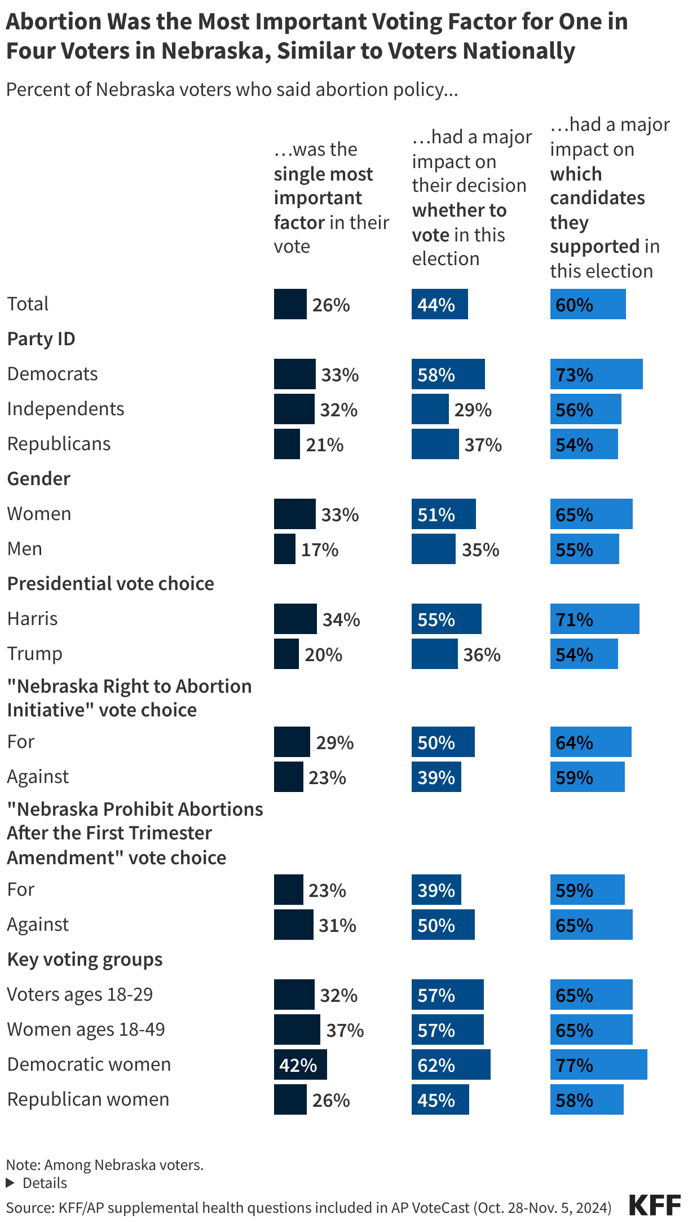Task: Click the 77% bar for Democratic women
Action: point(598,1064)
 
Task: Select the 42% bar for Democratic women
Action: point(300,1064)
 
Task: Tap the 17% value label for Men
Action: point(320,549)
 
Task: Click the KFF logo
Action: point(655,1206)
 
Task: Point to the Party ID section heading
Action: point(41,339)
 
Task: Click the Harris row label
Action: point(33,619)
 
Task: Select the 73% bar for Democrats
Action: point(596,374)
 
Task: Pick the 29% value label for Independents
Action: point(473,410)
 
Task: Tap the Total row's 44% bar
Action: point(439,304)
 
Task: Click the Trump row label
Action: point(35,654)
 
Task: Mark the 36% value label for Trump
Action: point(482,654)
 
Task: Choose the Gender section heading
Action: point(39,479)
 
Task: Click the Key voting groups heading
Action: point(85,960)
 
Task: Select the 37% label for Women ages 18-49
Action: point(345,1030)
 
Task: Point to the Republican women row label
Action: point(89,1099)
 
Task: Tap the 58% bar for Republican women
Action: point(586,1099)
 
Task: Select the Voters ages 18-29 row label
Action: point(80,995)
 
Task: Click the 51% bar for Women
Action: point(443,514)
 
